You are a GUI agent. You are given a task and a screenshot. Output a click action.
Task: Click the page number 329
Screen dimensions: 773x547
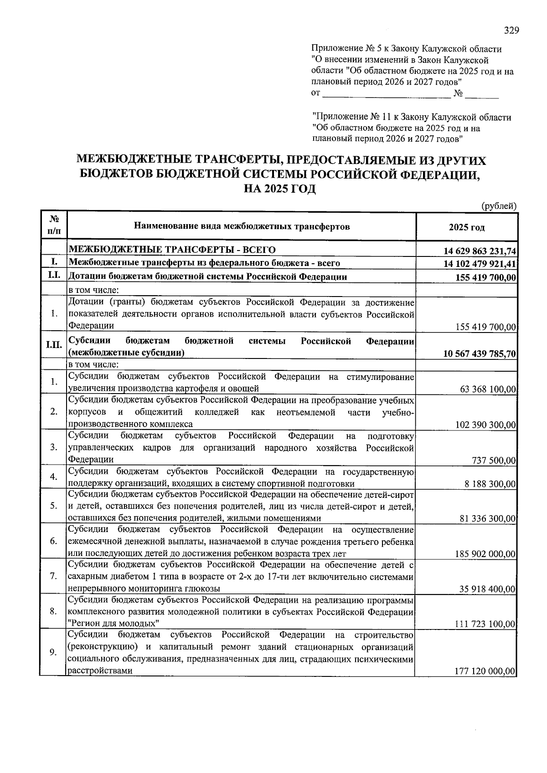[x=511, y=31]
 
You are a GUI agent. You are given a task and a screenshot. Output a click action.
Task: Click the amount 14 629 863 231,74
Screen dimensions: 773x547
[x=480, y=251]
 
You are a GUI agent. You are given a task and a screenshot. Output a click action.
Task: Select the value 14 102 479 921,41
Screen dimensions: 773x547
[x=480, y=264]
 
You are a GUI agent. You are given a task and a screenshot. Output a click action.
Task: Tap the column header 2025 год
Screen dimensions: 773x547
[x=466, y=227]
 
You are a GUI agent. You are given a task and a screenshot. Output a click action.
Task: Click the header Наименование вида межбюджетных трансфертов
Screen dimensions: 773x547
[x=242, y=226]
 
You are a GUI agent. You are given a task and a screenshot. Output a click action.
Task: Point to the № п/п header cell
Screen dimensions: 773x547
[x=53, y=225]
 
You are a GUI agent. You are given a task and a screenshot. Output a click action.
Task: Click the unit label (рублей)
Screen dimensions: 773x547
[x=499, y=206]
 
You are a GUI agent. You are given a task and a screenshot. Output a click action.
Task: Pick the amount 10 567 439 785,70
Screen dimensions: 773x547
[x=480, y=354]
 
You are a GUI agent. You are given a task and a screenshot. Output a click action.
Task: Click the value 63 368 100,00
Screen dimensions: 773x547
[x=485, y=389]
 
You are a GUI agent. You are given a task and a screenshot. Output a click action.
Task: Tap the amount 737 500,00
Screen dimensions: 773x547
[x=494, y=461]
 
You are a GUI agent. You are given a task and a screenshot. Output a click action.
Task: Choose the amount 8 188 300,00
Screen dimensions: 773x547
[x=490, y=484]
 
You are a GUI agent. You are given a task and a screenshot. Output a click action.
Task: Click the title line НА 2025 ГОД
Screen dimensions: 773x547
[x=280, y=189]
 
